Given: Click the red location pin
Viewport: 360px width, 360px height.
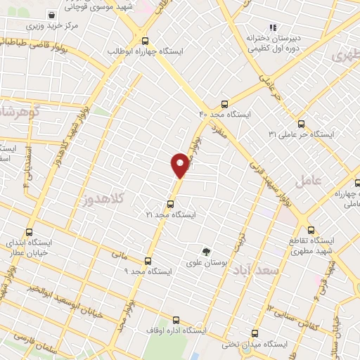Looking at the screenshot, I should tap(179, 165).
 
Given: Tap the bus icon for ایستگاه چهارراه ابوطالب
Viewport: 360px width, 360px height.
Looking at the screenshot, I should tap(145, 41).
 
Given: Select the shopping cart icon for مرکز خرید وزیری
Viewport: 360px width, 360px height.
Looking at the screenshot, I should tap(51, 15).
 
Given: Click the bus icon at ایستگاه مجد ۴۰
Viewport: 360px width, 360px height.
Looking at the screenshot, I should tap(224, 104).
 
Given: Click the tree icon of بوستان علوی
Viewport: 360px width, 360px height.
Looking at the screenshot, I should tap(206, 252).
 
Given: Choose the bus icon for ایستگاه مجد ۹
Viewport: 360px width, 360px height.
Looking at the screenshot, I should tap(147, 260).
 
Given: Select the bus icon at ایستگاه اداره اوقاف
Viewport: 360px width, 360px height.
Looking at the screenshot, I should tap(175, 320).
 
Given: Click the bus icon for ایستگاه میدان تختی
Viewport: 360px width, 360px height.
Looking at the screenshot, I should tap(255, 334).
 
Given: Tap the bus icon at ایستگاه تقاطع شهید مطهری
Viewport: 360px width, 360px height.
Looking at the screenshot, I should tap(311, 230).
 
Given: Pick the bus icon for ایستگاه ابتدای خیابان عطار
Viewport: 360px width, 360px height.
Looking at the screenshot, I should tap(29, 231).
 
